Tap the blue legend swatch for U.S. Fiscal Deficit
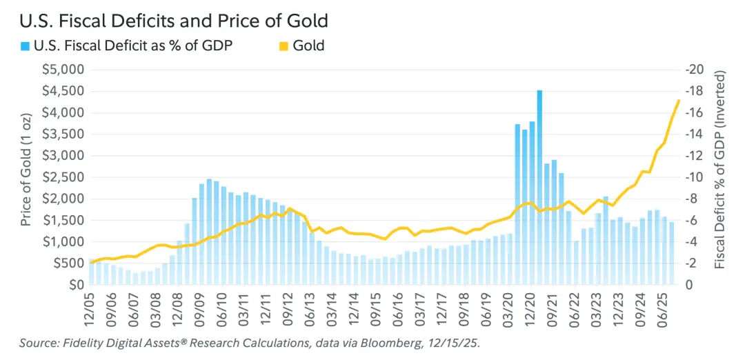pos(26,46)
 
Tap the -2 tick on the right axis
pos(692,263)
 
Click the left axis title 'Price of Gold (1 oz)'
pos(27,177)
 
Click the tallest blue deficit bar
pos(539,186)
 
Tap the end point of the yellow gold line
pos(679,101)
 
